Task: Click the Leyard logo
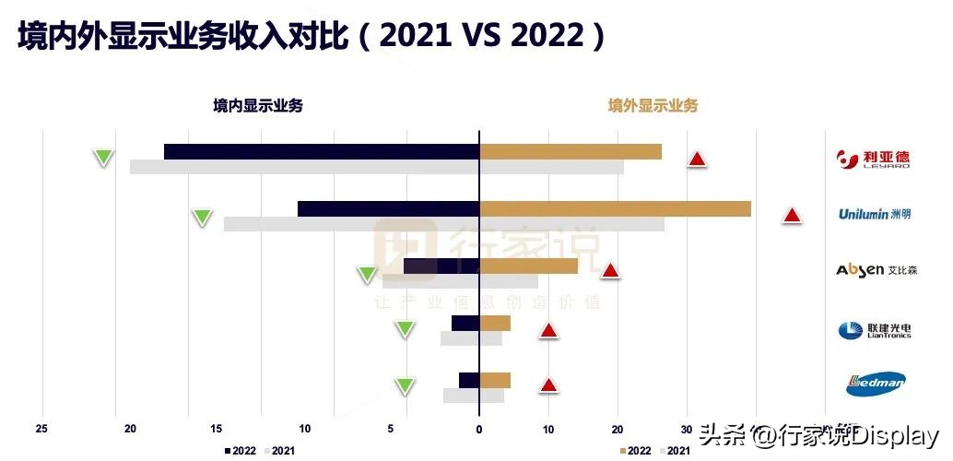pyautogui.click(x=874, y=160)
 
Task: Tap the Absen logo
pyautogui.click(x=874, y=270)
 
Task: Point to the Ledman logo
pyautogui.click(x=875, y=384)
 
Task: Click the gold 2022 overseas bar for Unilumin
pyautogui.click(x=615, y=209)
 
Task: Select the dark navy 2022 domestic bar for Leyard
pyautogui.click(x=321, y=152)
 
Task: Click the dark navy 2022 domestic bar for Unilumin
pyautogui.click(x=388, y=209)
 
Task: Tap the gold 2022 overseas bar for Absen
pyautogui.click(x=528, y=266)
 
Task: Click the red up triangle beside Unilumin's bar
pyautogui.click(x=791, y=216)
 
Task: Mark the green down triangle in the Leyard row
pyautogui.click(x=104, y=158)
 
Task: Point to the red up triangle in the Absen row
pyautogui.click(x=609, y=271)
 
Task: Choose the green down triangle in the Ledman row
pyautogui.click(x=404, y=386)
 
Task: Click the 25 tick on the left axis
pyautogui.click(x=41, y=429)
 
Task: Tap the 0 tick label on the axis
pyautogui.click(x=479, y=429)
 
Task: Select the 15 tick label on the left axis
pyautogui.click(x=217, y=429)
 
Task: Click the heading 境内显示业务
pyautogui.click(x=258, y=106)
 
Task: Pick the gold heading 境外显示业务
pyautogui.click(x=653, y=106)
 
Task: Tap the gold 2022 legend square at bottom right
pyautogui.click(x=622, y=451)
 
